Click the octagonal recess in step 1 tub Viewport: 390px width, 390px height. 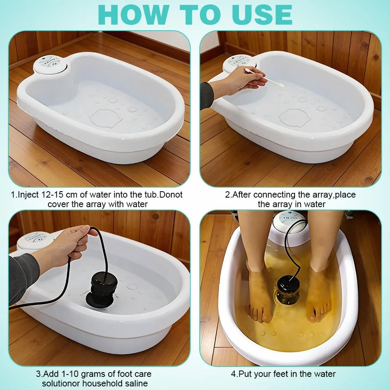tap(106, 117)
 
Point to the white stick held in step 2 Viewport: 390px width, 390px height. tap(264, 78)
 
